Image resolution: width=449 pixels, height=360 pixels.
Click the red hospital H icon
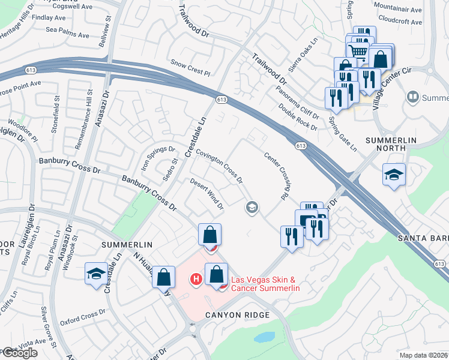(x=195, y=278)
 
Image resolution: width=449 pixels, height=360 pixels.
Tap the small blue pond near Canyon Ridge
(x=264, y=337)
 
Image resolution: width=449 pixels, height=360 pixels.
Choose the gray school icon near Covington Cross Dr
(x=252, y=208)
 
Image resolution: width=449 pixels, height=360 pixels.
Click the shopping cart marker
(x=358, y=51)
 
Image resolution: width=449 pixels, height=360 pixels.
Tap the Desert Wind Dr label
(x=206, y=194)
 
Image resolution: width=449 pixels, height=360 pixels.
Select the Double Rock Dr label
(x=298, y=117)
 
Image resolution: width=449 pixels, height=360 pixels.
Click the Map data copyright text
(x=424, y=355)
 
